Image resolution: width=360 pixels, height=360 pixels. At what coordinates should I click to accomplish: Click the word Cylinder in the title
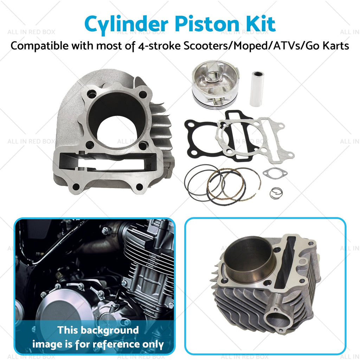click(x=127, y=25)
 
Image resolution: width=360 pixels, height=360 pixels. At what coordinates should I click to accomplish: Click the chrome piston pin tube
click(x=257, y=89)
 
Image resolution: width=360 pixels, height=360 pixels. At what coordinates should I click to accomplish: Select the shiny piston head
click(x=216, y=84)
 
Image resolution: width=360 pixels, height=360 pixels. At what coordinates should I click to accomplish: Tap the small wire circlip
click(x=276, y=193)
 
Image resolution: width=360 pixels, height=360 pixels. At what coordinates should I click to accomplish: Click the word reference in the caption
click(x=116, y=344)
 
